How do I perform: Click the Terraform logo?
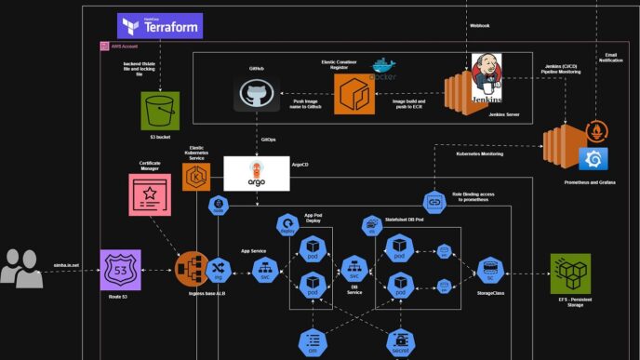click(x=160, y=26)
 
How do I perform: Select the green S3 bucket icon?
click(x=159, y=111)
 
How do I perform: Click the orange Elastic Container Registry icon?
click(x=353, y=95)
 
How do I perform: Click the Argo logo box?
click(x=256, y=173)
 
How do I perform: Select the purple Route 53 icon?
click(x=120, y=270)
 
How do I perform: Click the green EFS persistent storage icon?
click(x=569, y=273)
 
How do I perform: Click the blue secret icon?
click(x=401, y=341)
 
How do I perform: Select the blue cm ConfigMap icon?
click(x=313, y=341)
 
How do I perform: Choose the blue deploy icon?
click(x=287, y=224)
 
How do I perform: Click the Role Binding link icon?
click(x=434, y=202)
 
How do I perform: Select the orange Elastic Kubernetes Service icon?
click(x=196, y=177)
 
